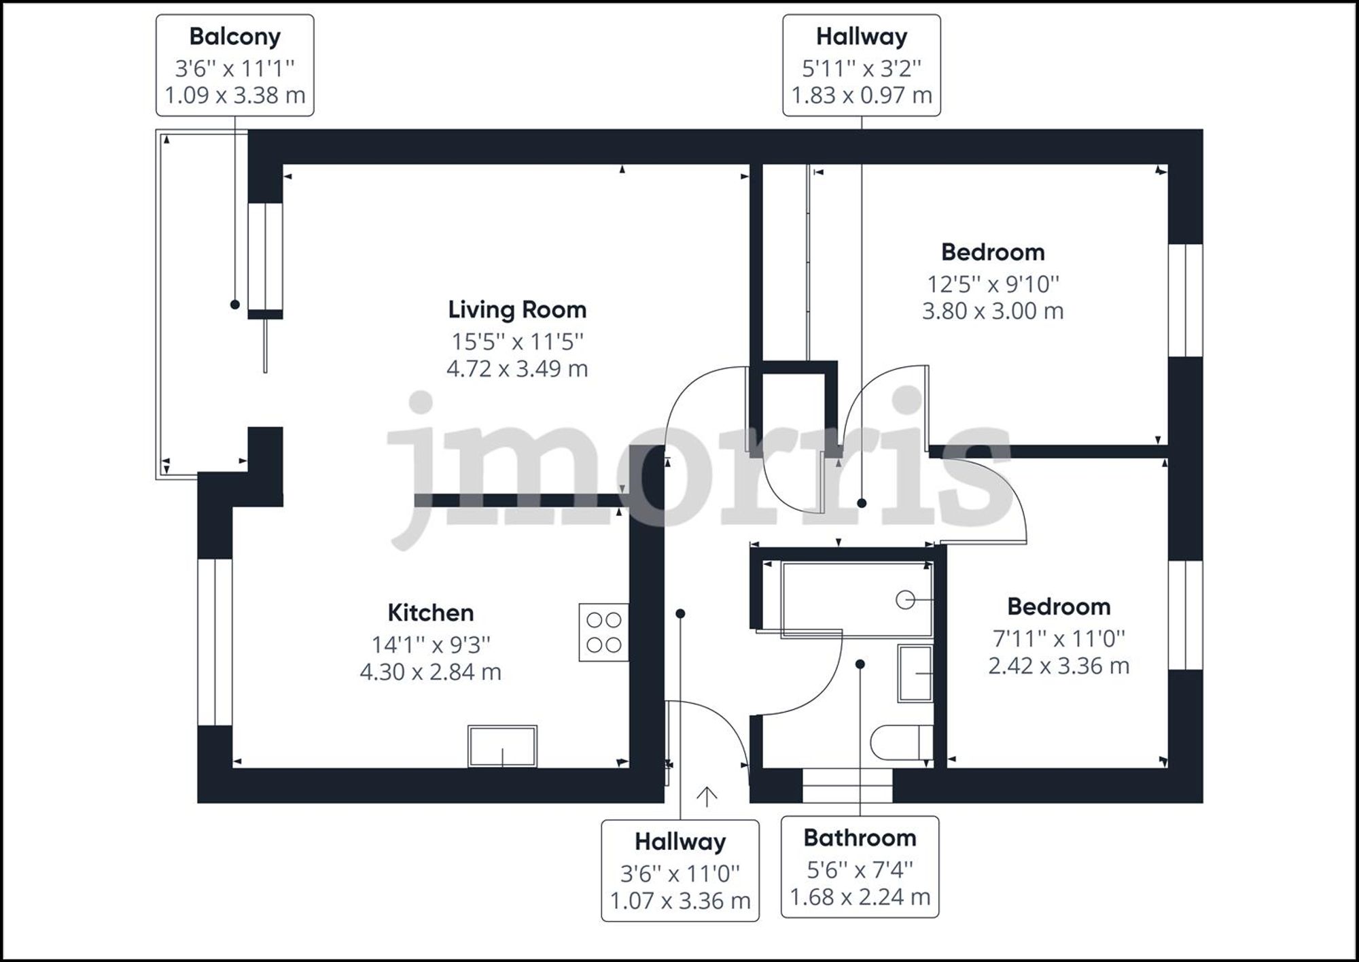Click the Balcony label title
point(235,37)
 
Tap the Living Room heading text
point(517,310)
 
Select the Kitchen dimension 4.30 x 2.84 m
point(430,672)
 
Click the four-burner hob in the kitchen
point(603,632)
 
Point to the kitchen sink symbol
point(502,746)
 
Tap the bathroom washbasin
point(915,673)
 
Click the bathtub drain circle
point(905,600)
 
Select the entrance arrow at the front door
point(707,797)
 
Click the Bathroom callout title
point(860,838)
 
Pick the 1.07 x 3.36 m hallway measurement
point(680,901)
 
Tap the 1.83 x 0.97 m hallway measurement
point(862,95)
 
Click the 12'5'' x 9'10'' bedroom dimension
point(993,284)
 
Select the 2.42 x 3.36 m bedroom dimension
point(1059,666)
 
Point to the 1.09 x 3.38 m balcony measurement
point(235,95)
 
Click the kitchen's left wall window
point(215,642)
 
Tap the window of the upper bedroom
point(1186,300)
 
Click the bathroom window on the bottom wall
point(847,786)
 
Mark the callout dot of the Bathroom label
point(860,664)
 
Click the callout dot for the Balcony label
point(235,305)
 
